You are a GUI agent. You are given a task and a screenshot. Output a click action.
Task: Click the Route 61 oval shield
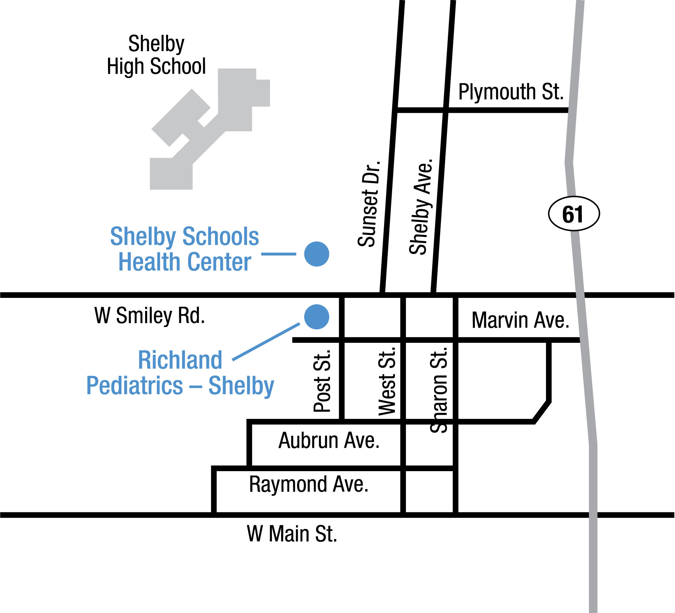point(574,213)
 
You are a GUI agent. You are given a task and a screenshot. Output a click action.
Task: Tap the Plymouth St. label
point(511,92)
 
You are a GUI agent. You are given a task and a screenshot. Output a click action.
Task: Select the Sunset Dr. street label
point(369,204)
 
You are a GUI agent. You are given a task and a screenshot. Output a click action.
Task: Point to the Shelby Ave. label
point(421,206)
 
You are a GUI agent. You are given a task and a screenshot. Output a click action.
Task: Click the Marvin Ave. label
point(520,320)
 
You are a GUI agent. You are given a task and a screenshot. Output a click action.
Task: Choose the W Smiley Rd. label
point(150,315)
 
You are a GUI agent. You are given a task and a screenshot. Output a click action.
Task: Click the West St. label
point(387,380)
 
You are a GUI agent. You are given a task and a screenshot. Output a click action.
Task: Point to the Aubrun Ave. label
point(329,440)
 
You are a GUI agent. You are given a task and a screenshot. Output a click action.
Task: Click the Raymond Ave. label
point(308,484)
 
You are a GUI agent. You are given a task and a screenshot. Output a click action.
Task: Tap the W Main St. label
point(292,534)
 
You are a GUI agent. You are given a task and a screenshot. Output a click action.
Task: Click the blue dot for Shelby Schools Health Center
point(317,254)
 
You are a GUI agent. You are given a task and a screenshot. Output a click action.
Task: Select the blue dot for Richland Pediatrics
point(317,317)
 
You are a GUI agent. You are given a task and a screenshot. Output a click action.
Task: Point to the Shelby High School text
point(156,55)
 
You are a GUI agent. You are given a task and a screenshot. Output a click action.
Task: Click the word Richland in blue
point(180,360)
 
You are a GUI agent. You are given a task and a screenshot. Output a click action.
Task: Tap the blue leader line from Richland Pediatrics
point(266,342)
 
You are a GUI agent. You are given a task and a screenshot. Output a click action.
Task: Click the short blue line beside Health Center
point(279,254)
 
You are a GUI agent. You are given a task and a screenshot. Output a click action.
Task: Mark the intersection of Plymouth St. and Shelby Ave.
point(446,110)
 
